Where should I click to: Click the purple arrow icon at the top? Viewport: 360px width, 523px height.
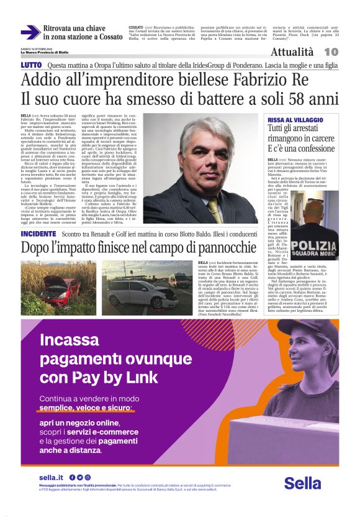[x=30, y=33]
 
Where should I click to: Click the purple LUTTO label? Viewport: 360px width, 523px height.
[x=31, y=65]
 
